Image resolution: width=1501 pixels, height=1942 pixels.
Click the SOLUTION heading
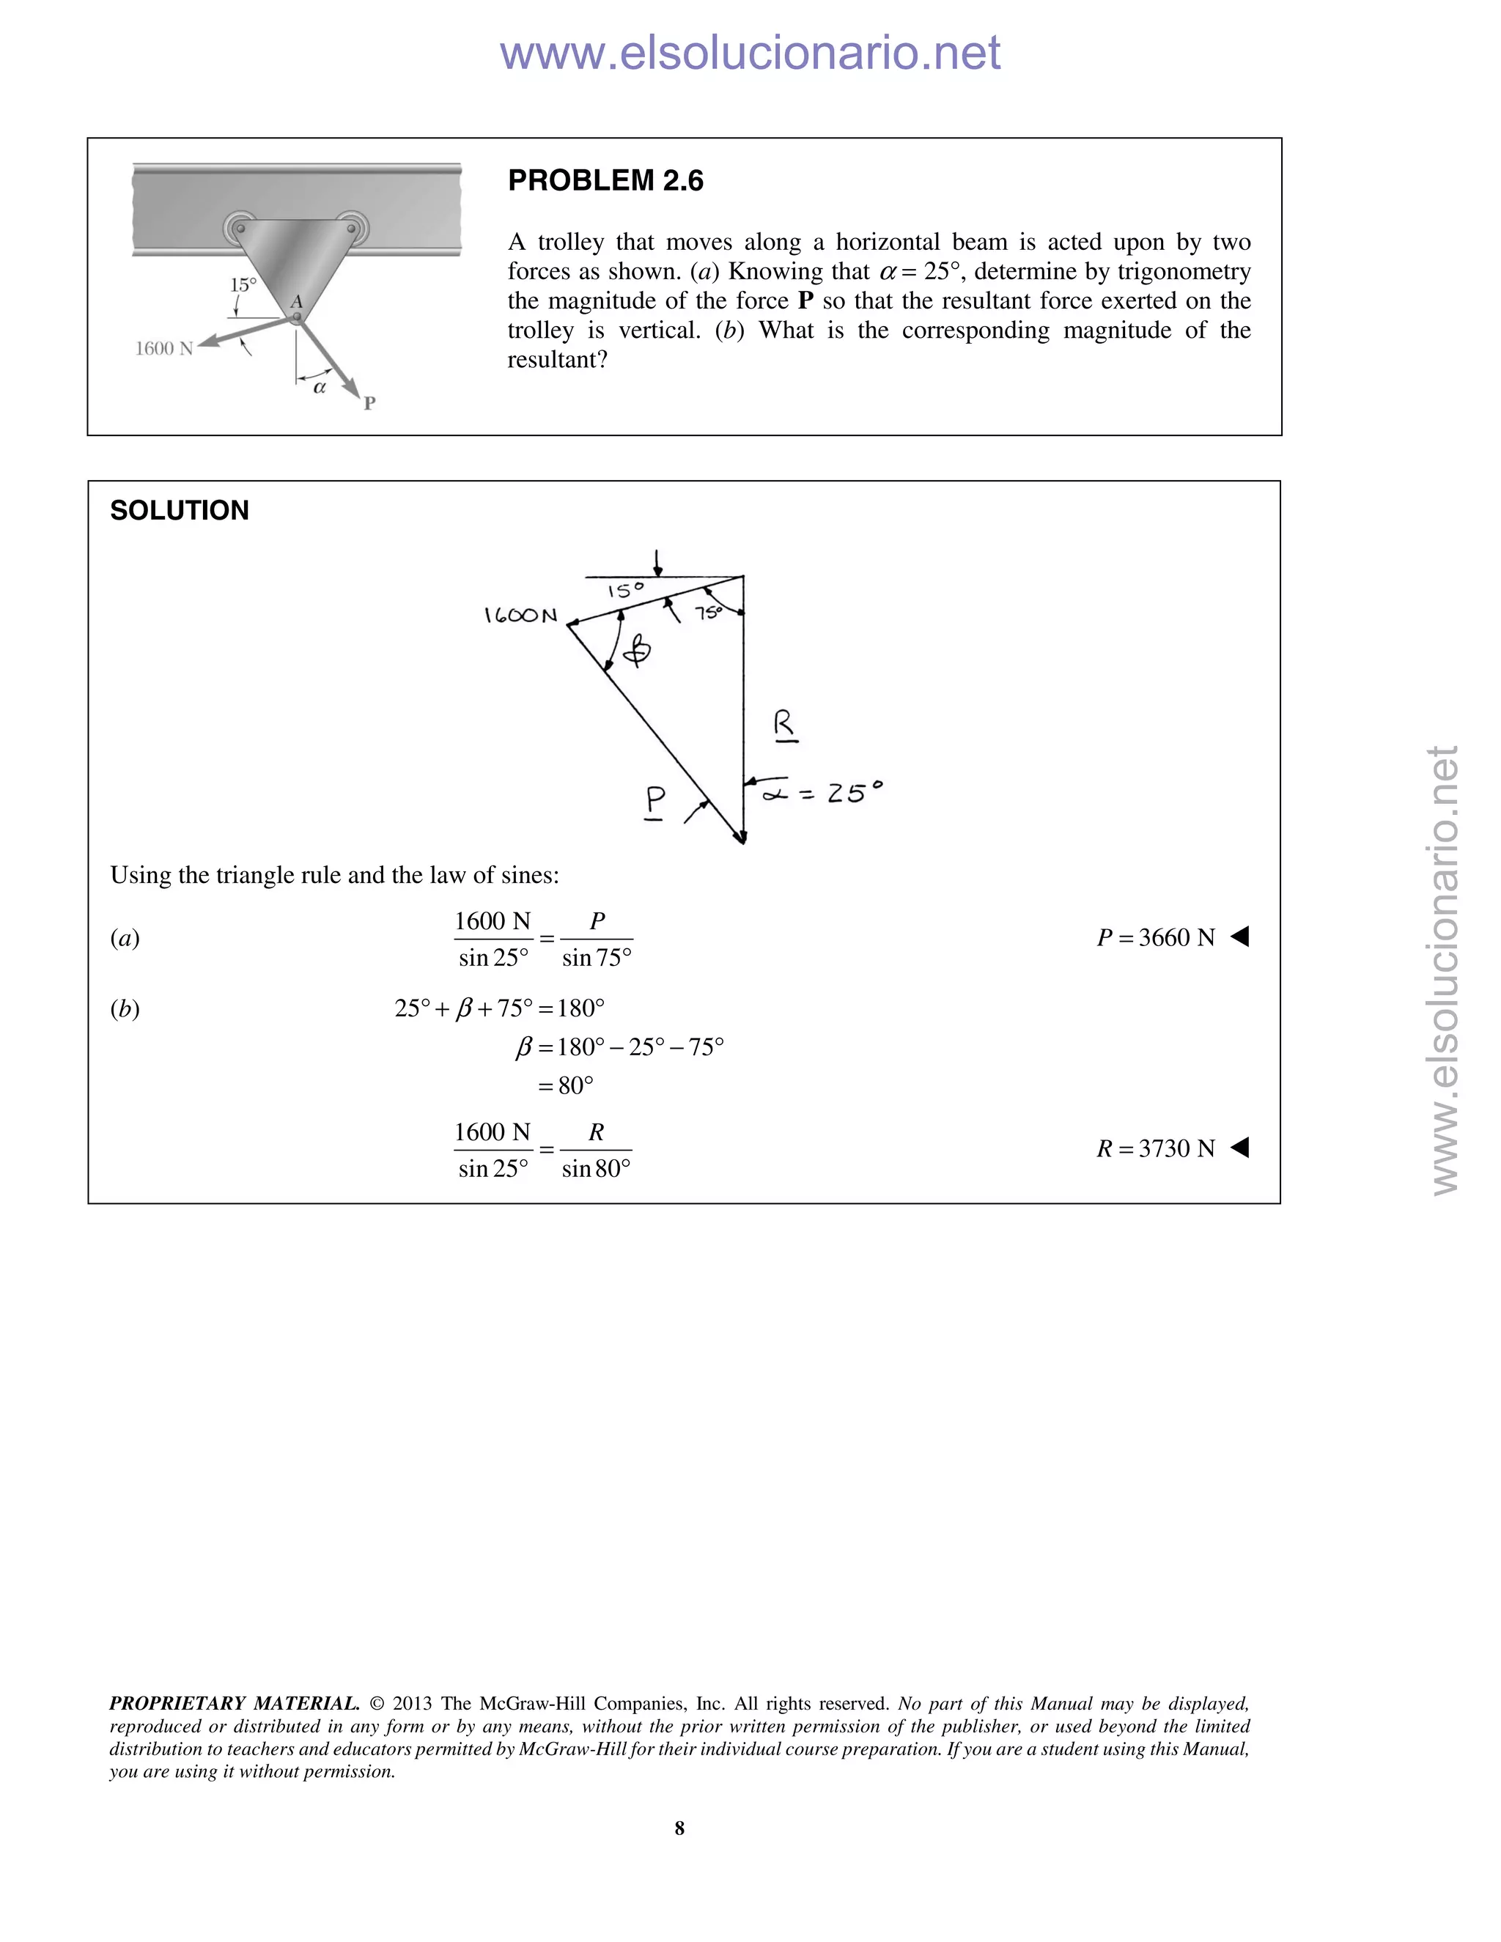point(179,510)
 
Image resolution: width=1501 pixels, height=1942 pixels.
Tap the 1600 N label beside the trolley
point(163,349)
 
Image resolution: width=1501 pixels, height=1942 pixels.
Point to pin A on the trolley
point(297,316)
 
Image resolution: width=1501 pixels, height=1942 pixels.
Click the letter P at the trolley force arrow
point(370,403)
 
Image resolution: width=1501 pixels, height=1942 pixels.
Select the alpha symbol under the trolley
point(320,388)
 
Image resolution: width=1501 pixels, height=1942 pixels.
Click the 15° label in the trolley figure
point(243,285)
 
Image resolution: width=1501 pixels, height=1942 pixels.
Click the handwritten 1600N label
point(520,616)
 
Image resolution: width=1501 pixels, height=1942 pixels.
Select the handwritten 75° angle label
point(709,613)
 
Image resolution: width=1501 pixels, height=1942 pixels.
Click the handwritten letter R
point(783,725)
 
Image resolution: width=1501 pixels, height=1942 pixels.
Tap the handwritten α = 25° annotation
point(823,791)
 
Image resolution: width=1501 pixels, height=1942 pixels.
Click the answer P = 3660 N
point(1155,937)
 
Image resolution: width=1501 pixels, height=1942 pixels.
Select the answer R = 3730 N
point(1155,1149)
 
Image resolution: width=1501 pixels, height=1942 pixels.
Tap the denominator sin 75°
point(597,959)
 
